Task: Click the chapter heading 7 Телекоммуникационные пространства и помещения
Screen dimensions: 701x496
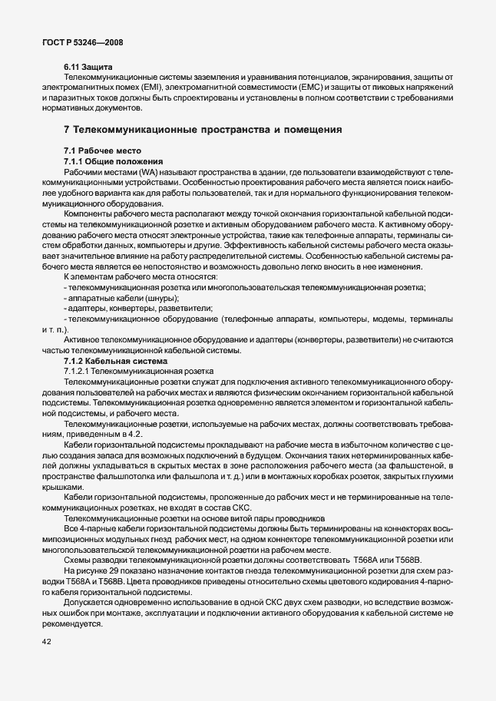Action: [203, 129]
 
